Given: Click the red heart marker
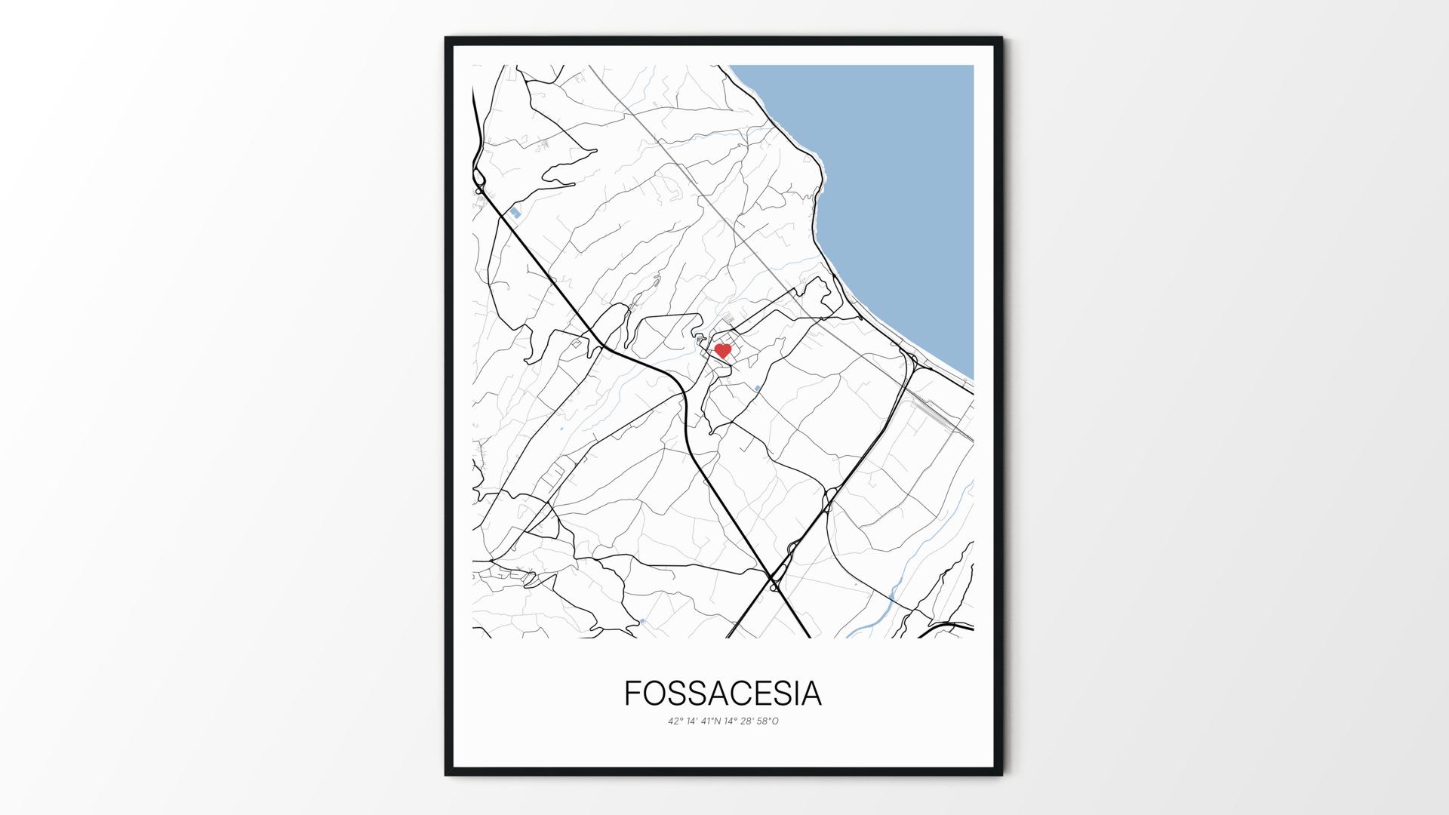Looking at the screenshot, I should [722, 351].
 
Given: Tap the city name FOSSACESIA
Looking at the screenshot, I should [722, 694].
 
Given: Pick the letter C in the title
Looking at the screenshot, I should [740, 694].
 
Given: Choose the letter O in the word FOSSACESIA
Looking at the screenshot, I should [655, 694].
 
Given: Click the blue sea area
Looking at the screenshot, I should [906, 189].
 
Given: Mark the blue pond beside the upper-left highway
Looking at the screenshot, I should [515, 214].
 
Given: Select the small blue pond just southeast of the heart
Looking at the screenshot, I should [757, 389].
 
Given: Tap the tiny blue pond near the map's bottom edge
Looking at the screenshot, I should [642, 621].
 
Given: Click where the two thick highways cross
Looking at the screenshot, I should [775, 581].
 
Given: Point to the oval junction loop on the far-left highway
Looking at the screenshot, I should [479, 178].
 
